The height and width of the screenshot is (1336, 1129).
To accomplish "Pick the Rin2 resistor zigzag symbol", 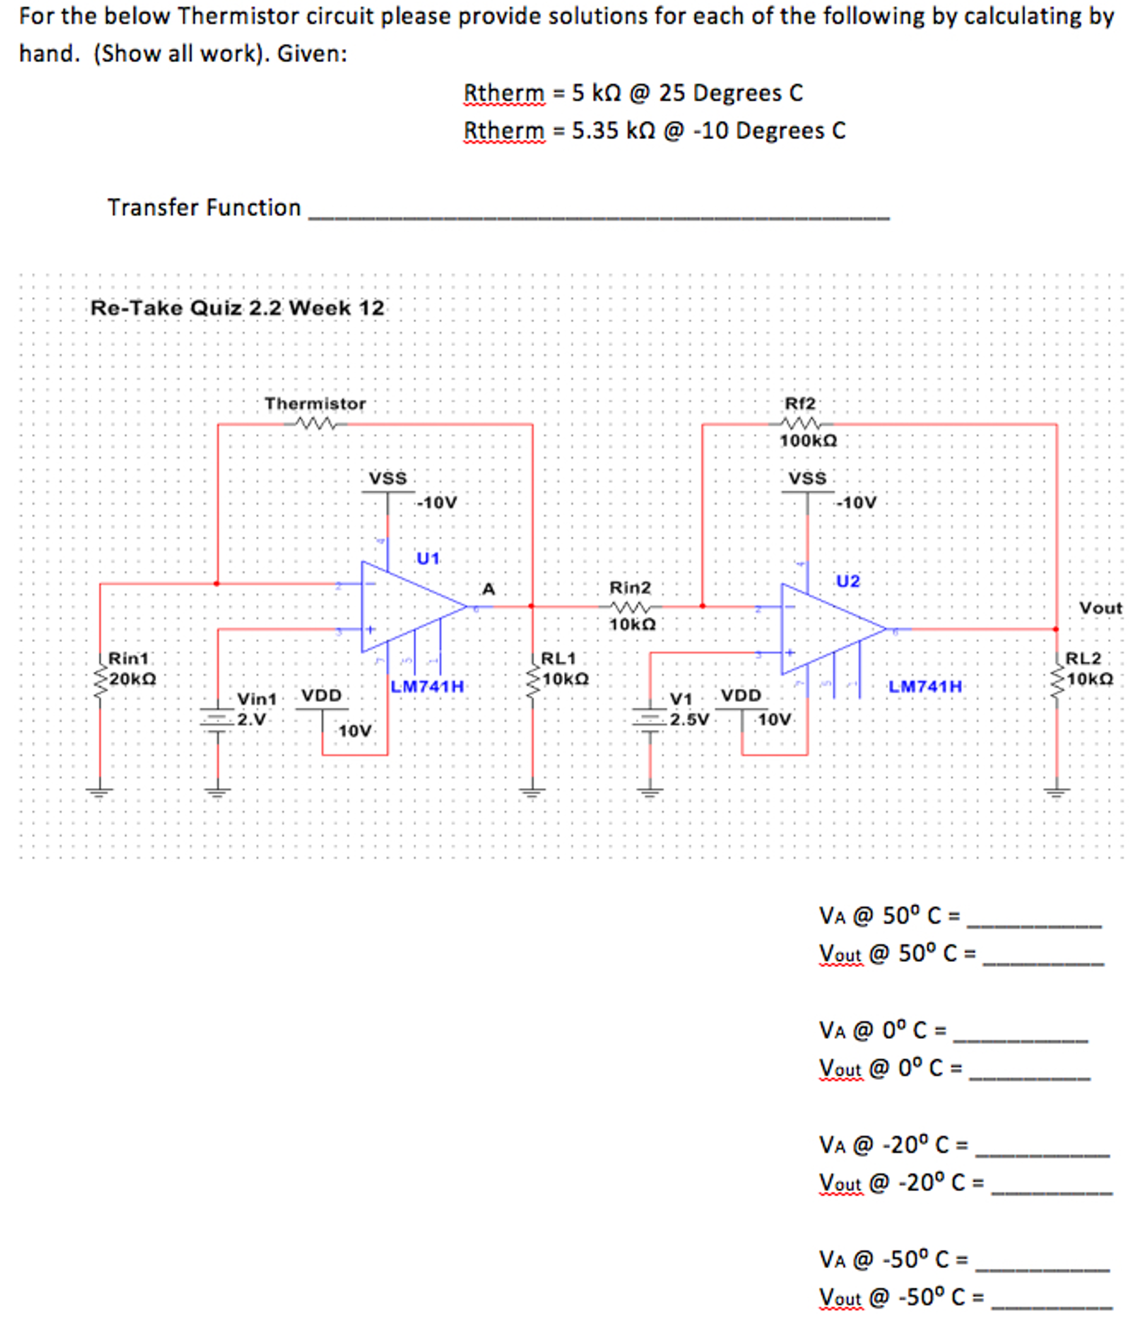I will [x=630, y=607].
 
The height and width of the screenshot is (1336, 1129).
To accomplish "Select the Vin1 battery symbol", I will [x=217, y=718].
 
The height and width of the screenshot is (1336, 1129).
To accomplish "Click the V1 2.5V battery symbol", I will [x=650, y=718].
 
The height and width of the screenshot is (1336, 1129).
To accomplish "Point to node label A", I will [x=488, y=589].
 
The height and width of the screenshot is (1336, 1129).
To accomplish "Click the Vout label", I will [x=1100, y=608].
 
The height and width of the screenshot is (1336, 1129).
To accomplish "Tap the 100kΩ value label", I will [x=808, y=441].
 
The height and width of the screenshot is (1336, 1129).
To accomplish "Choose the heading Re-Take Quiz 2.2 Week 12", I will [x=237, y=308].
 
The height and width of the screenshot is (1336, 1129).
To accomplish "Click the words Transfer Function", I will [x=204, y=208].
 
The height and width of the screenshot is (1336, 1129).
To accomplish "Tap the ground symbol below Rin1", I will [x=100, y=793].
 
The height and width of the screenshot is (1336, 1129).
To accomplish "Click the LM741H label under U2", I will [x=925, y=686].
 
